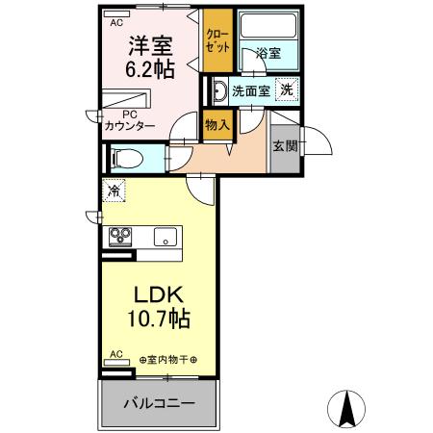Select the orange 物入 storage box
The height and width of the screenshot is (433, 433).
click(x=216, y=122)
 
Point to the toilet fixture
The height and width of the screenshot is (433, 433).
click(x=125, y=158)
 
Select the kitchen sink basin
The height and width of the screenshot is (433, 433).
click(x=165, y=235)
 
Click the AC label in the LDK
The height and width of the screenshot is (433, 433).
click(x=115, y=355)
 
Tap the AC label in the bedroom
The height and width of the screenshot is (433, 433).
click(x=115, y=21)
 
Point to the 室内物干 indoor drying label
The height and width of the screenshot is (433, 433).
click(x=167, y=360)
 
